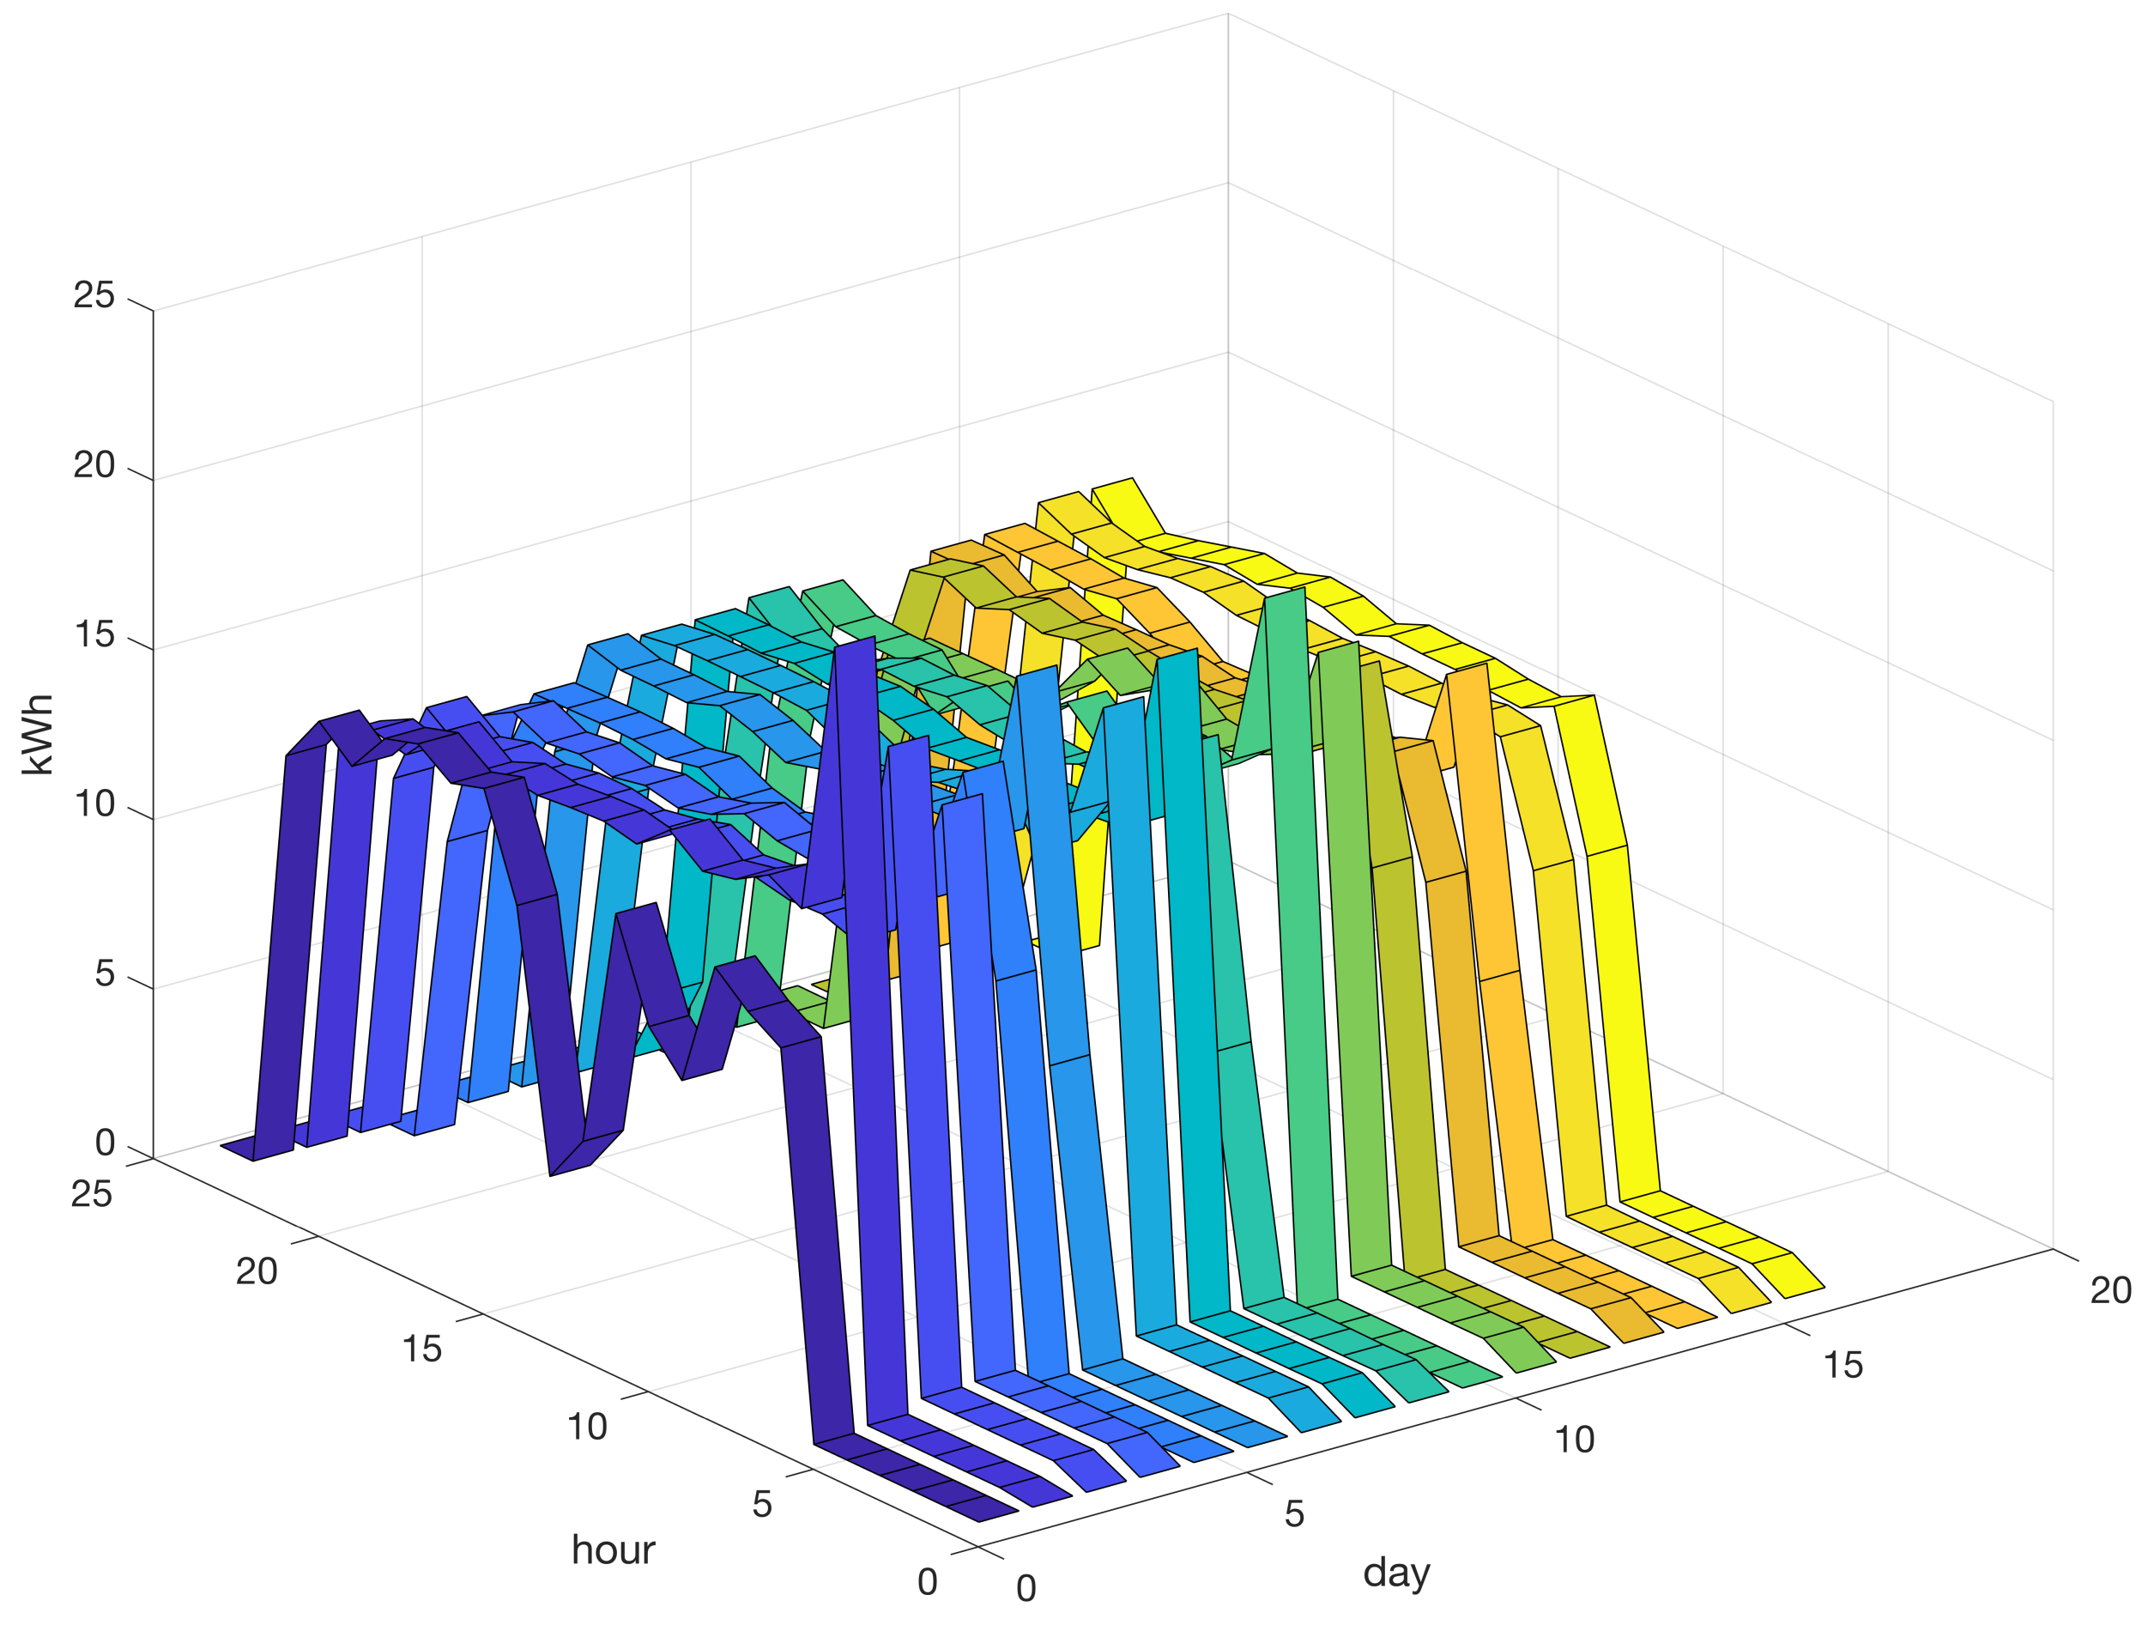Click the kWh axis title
pos(37,734)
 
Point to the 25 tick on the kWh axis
pos(94,295)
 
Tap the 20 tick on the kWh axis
pos(94,466)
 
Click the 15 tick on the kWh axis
pos(94,635)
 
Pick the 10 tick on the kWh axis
pos(94,804)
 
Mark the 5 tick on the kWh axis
pos(105,974)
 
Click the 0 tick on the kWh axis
pos(105,1143)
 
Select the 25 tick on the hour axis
pos(91,1194)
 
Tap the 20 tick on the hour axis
pos(257,1271)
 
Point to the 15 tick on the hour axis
pos(421,1349)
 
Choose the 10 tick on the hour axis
pos(587,1427)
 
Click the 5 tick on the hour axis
pos(762,1504)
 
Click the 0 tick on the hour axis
pos(927,1581)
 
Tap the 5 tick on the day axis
pos(1295,1513)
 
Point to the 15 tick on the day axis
pos(1842,1366)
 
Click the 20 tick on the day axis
pos(2110,1291)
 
